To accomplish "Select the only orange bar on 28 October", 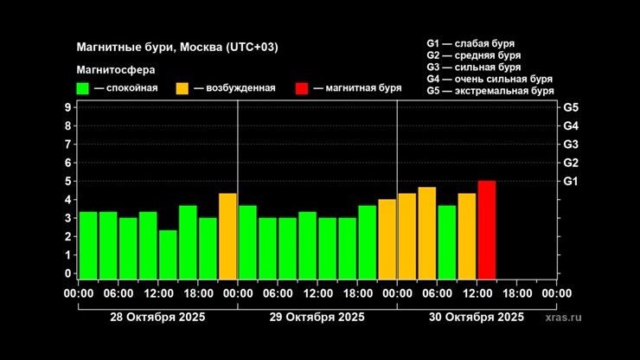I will click(227, 235).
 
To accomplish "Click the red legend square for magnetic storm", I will click(302, 88).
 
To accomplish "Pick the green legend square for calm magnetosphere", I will click(83, 88).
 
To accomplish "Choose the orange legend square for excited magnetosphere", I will click(182, 88).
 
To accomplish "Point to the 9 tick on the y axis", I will click(67, 107).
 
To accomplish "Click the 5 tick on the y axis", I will click(67, 181).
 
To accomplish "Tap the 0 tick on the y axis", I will click(67, 273).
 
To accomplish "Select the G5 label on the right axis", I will click(571, 107).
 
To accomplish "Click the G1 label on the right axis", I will click(571, 181).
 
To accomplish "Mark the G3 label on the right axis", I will click(571, 145).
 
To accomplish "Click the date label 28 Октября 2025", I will click(157, 318).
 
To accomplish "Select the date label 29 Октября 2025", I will click(317, 318).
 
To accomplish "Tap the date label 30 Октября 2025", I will click(477, 318).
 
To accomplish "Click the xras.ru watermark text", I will click(564, 318).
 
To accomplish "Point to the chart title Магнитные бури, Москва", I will click(177, 47).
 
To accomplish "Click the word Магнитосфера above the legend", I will click(110, 69).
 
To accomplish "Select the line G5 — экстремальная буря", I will click(490, 90).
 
